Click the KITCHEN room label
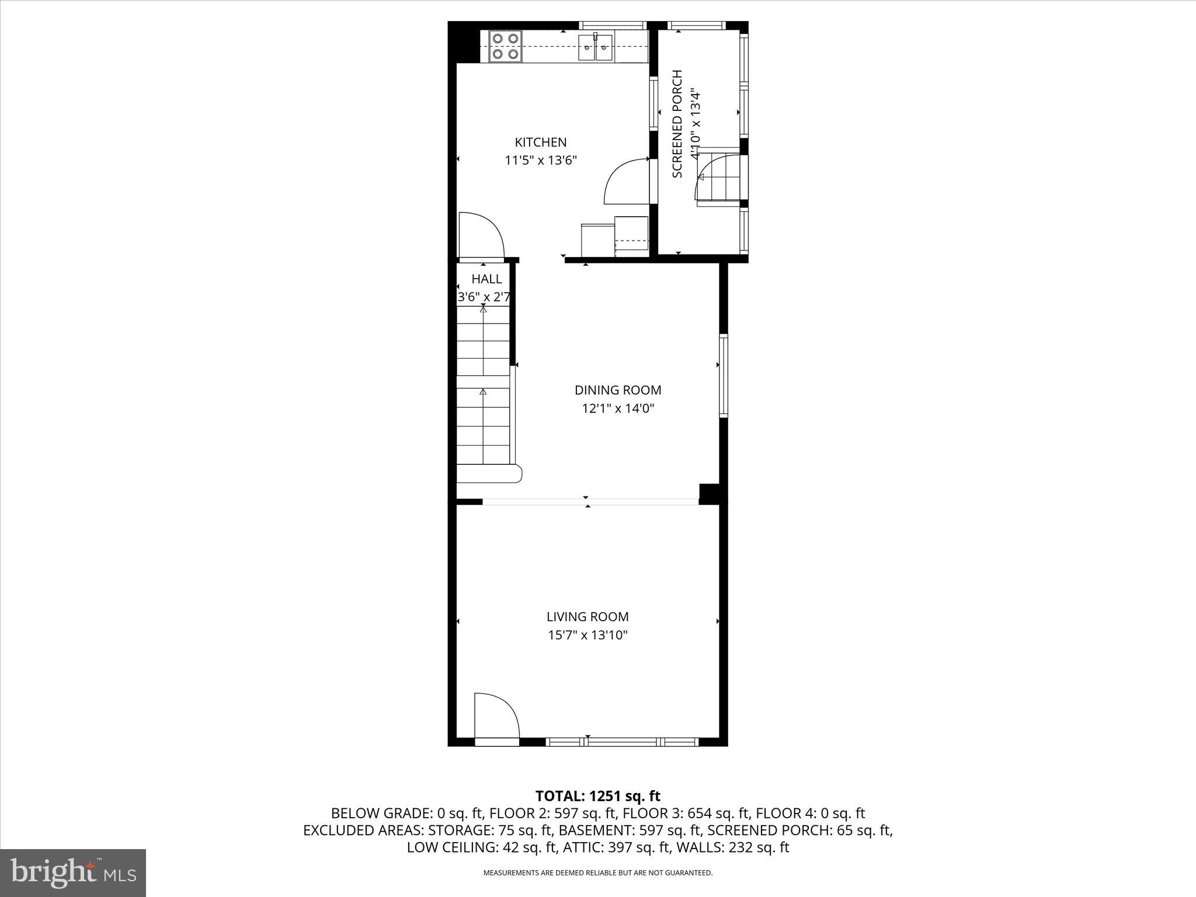(540, 142)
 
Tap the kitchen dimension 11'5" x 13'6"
(540, 161)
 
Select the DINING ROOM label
(618, 390)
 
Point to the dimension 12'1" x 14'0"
(618, 409)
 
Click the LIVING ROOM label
(587, 617)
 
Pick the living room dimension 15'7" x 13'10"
(587, 635)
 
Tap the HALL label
(486, 279)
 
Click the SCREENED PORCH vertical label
(677, 124)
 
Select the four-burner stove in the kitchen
(506, 47)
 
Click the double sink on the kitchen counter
(596, 47)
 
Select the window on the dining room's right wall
(724, 376)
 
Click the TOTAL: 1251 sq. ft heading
(597, 796)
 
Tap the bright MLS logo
(73, 872)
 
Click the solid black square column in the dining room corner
(709, 493)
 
